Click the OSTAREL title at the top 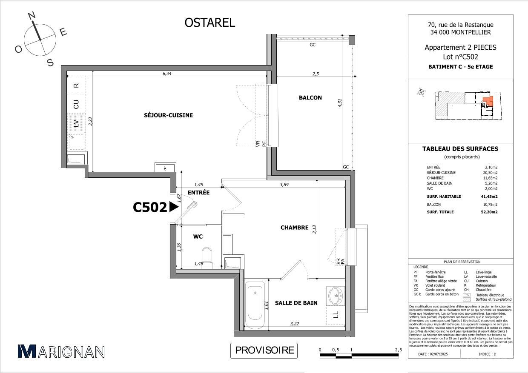pos(209,23)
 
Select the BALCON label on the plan pos(310,98)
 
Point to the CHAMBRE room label pos(294,228)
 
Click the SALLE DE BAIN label pos(296,303)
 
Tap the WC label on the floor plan pos(198,236)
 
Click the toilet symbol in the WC pos(207,255)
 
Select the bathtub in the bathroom pos(255,302)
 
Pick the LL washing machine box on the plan pos(336,315)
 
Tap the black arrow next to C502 pos(173,207)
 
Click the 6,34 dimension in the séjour pos(167,74)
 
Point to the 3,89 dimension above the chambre pos(284,185)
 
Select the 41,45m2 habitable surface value pos(489,196)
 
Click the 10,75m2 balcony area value pos(490,204)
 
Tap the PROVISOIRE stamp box pos(264,350)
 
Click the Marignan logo pos(61,351)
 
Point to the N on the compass pos(31,17)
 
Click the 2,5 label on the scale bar pos(398,350)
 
